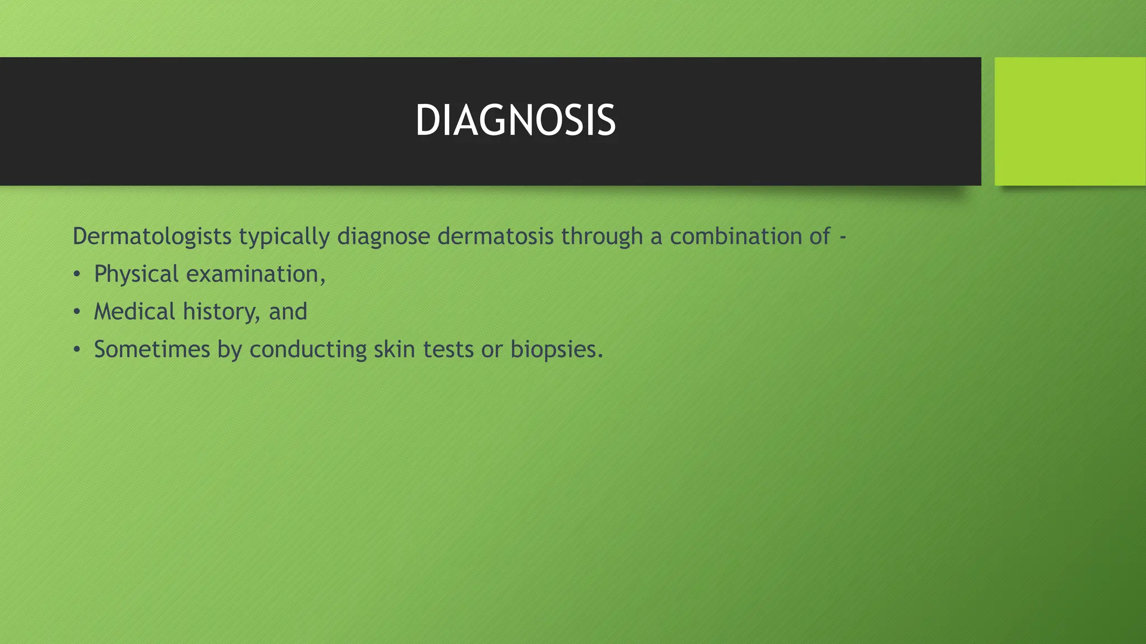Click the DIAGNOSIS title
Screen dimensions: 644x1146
click(515, 121)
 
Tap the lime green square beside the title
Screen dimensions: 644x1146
click(1070, 121)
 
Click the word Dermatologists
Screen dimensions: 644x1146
click(152, 236)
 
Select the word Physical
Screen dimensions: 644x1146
click(136, 274)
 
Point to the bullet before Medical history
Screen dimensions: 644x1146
click(77, 312)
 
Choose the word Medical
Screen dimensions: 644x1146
click(134, 311)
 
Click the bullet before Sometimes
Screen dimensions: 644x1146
click(77, 350)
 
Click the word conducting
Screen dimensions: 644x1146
click(308, 350)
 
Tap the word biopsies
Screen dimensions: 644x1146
click(556, 351)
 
